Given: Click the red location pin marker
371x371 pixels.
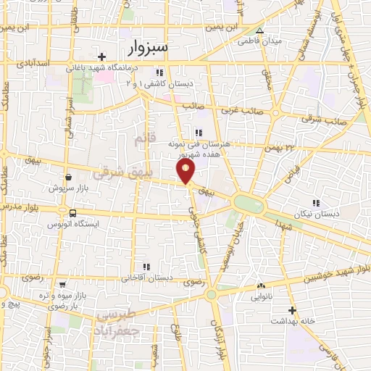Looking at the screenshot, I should [x=186, y=171].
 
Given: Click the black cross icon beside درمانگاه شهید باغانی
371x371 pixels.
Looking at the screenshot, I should [x=103, y=57].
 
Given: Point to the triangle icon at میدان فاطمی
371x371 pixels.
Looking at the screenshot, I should [x=259, y=30].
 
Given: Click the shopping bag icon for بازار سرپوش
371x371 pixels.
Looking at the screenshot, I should [x=68, y=176].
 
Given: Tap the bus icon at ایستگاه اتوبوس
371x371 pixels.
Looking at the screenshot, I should [x=72, y=213].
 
